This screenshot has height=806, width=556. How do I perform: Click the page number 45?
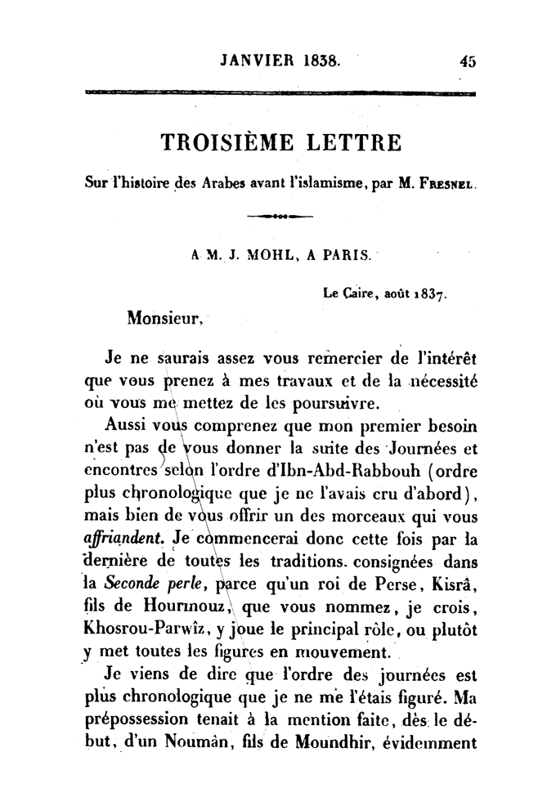click(x=468, y=60)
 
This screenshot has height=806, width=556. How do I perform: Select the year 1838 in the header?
click(x=320, y=60)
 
